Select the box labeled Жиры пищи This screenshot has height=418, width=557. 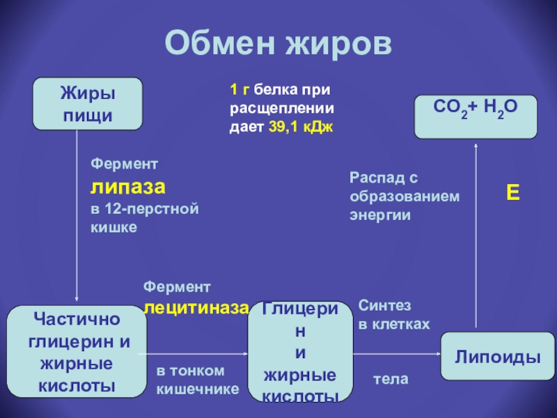[x=88, y=104]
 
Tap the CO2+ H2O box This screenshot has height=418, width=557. [x=476, y=117]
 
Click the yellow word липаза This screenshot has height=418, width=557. [x=128, y=187]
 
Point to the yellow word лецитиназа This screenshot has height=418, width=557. [x=196, y=307]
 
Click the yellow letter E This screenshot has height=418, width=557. [x=512, y=193]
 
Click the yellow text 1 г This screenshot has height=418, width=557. [x=240, y=90]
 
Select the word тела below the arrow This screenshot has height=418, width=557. [x=391, y=380]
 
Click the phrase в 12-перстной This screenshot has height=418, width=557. [x=145, y=209]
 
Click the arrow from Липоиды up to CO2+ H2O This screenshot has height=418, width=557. [x=476, y=233]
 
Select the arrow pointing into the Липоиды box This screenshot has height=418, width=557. [x=397, y=355]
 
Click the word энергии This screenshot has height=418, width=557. [x=381, y=216]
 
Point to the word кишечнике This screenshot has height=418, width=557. [x=198, y=389]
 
